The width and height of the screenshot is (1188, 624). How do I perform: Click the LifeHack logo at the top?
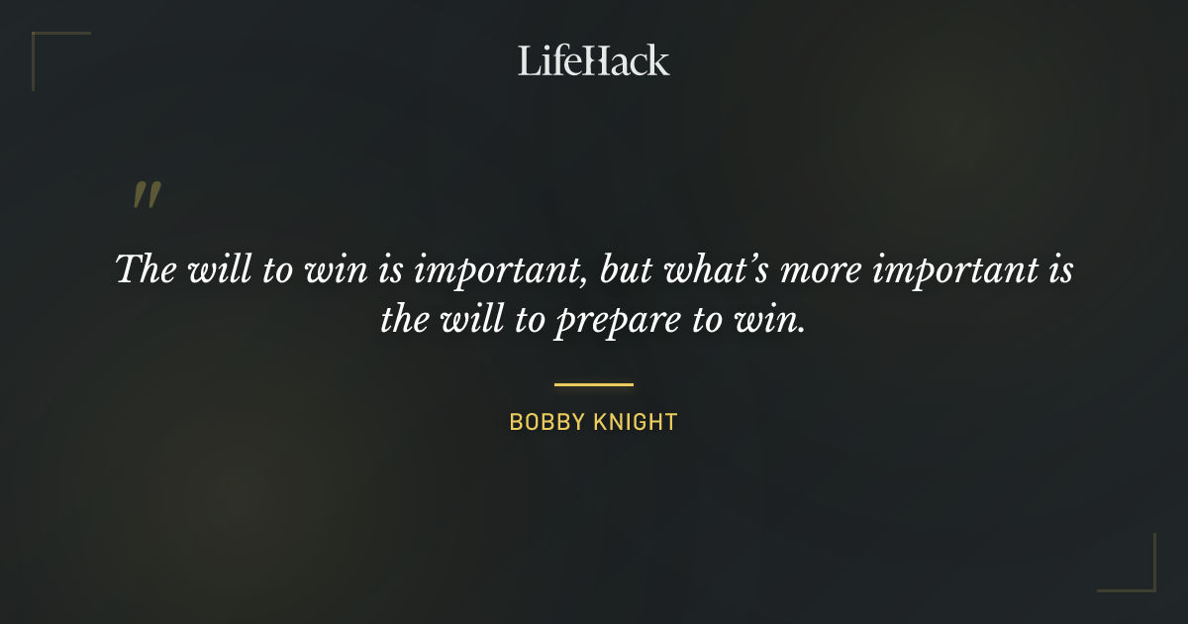tap(594, 60)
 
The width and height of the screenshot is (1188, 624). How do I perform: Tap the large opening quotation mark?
tap(146, 194)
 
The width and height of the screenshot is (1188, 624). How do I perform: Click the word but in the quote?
tap(631, 269)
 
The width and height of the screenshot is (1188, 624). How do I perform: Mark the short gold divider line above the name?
tap(594, 384)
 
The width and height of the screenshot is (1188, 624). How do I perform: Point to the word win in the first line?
tap(332, 270)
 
